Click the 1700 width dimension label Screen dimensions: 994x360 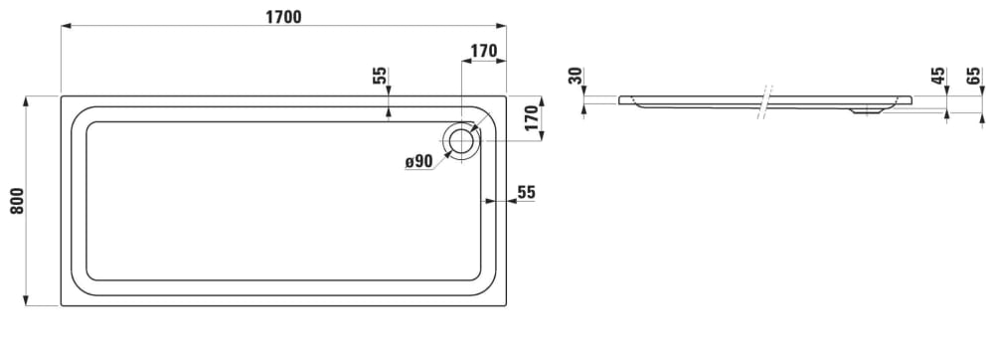[283, 17]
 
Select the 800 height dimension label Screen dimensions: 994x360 [17, 200]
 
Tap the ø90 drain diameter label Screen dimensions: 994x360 [418, 162]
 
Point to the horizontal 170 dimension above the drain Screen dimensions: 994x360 [483, 52]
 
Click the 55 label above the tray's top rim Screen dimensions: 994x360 [379, 77]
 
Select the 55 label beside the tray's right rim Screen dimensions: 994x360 [526, 192]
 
